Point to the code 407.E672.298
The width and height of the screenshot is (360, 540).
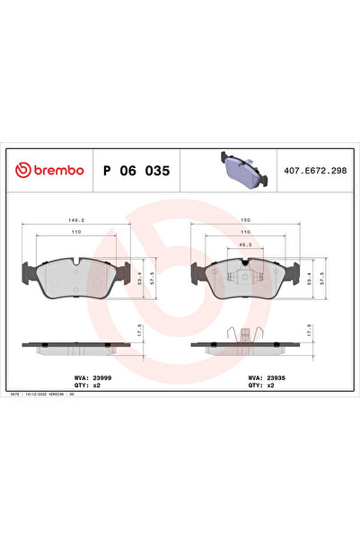coord(315,170)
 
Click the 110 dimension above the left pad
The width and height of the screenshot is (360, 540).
coord(76,232)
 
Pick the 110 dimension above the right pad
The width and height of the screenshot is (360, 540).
coord(246,232)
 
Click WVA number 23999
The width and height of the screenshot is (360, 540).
coord(87,379)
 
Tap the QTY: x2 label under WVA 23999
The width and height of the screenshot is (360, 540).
coord(79,387)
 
